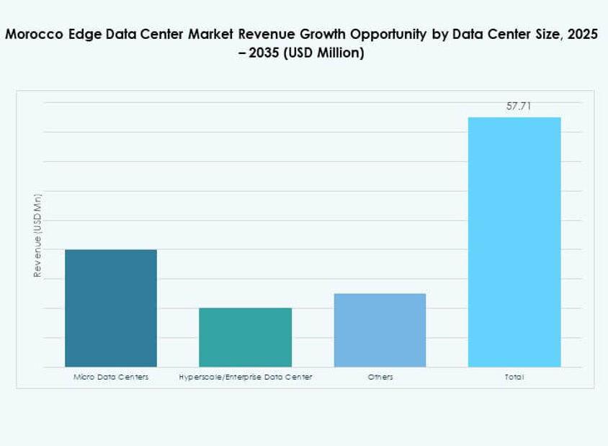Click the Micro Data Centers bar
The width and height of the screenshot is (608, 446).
tap(111, 308)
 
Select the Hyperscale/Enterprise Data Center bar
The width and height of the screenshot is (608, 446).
tap(245, 337)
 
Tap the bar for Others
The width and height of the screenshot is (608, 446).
tap(380, 330)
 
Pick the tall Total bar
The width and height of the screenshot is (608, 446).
tap(514, 241)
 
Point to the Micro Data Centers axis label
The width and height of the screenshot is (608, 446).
tap(111, 377)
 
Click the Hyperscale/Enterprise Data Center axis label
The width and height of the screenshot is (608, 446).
tap(245, 377)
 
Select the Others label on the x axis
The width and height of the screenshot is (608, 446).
tap(380, 377)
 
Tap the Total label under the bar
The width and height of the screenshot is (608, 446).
tap(514, 377)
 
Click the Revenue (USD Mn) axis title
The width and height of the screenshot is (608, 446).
tap(37, 235)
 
